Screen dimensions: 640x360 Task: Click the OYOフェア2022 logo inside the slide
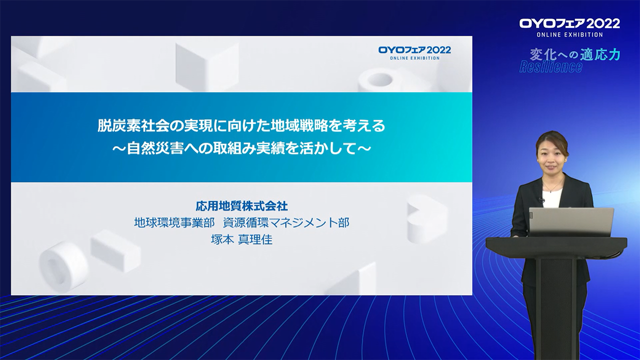414,50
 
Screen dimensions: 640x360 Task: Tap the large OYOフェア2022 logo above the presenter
569,23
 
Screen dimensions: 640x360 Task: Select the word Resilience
551,67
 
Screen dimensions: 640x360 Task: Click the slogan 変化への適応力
575,54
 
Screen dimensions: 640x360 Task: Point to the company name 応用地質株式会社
241,205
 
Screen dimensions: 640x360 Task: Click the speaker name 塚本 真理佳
241,239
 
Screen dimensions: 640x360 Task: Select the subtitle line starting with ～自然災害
241,148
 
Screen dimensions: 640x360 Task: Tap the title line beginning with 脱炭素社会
241,125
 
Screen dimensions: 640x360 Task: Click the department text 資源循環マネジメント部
286,222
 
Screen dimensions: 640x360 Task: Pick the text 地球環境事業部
174,222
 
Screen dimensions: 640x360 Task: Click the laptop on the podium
571,222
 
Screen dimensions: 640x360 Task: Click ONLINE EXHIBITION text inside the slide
414,58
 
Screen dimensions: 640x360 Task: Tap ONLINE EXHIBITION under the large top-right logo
569,34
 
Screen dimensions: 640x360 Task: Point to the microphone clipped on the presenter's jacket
540,200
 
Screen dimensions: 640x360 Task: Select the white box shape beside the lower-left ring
115,247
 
